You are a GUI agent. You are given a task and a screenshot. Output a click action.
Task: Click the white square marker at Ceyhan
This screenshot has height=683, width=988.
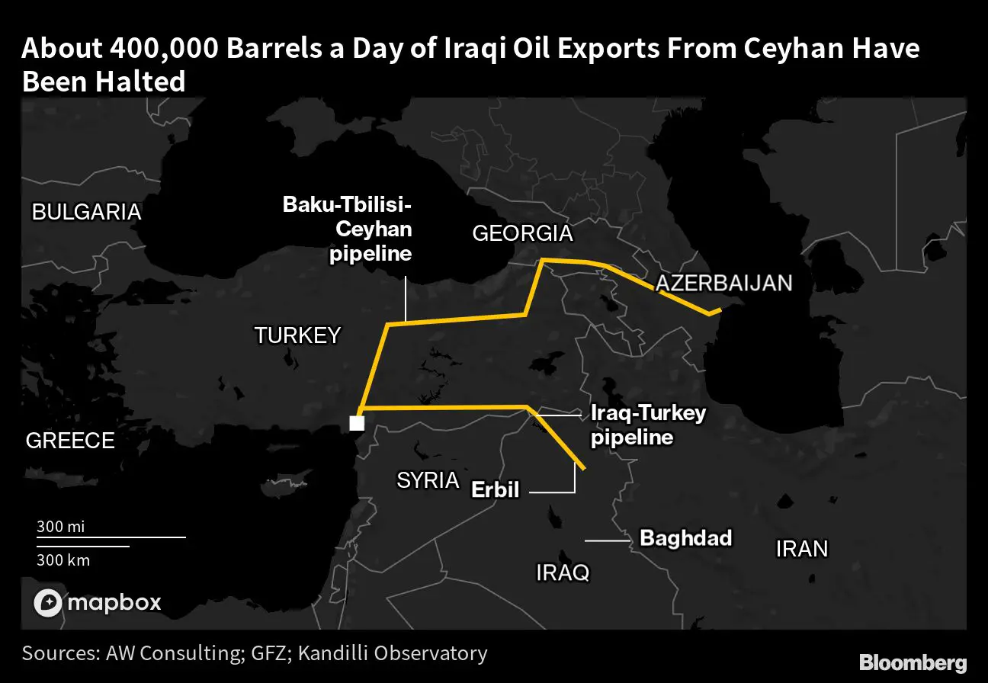click(x=356, y=423)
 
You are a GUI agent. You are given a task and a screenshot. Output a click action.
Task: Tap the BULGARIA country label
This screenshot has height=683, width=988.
click(x=86, y=212)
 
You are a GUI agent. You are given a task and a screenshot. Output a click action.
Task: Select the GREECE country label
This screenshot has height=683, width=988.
click(x=70, y=441)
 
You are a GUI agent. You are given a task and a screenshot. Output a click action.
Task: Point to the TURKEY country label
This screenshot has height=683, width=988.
click(x=297, y=335)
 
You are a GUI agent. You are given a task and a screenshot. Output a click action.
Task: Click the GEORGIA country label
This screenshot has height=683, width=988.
click(x=522, y=233)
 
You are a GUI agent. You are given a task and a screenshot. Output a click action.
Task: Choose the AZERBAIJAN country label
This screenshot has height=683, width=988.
click(x=723, y=284)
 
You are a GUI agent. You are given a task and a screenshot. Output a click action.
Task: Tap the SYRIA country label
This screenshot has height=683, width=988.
click(x=428, y=480)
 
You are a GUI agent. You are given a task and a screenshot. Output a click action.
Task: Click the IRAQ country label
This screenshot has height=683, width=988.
click(x=563, y=572)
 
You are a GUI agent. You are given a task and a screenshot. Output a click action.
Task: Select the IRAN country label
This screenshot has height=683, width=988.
click(x=801, y=549)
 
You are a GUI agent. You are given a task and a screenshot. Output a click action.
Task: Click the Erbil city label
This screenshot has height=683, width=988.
click(x=496, y=489)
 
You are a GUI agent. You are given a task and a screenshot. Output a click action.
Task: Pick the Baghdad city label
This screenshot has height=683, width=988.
click(x=685, y=538)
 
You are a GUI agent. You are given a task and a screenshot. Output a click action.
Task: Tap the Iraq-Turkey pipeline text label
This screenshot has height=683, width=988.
click(x=649, y=426)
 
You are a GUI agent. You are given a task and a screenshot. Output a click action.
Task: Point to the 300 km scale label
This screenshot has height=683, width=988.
click(x=63, y=560)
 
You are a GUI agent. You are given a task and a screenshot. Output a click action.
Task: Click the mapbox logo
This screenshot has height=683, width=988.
click(x=98, y=602)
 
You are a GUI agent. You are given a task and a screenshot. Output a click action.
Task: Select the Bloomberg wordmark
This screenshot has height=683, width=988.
click(x=913, y=662)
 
